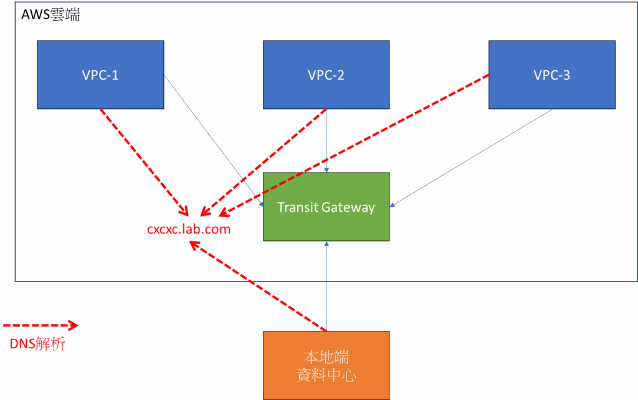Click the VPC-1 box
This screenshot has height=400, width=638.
click(100, 75)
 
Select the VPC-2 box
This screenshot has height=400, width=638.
click(326, 75)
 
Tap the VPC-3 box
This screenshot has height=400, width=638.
click(551, 75)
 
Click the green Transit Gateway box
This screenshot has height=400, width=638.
click(326, 207)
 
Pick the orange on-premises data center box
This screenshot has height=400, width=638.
click(326, 365)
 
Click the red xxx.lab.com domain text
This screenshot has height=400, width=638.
click(189, 229)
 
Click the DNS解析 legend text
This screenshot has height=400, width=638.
click(37, 343)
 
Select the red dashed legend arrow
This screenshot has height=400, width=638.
click(40, 325)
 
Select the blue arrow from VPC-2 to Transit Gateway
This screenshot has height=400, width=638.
click(326, 140)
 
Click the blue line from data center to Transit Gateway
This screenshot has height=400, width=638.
click(326, 287)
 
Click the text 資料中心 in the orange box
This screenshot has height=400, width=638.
click(326, 376)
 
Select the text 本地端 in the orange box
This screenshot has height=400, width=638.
click(326, 357)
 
